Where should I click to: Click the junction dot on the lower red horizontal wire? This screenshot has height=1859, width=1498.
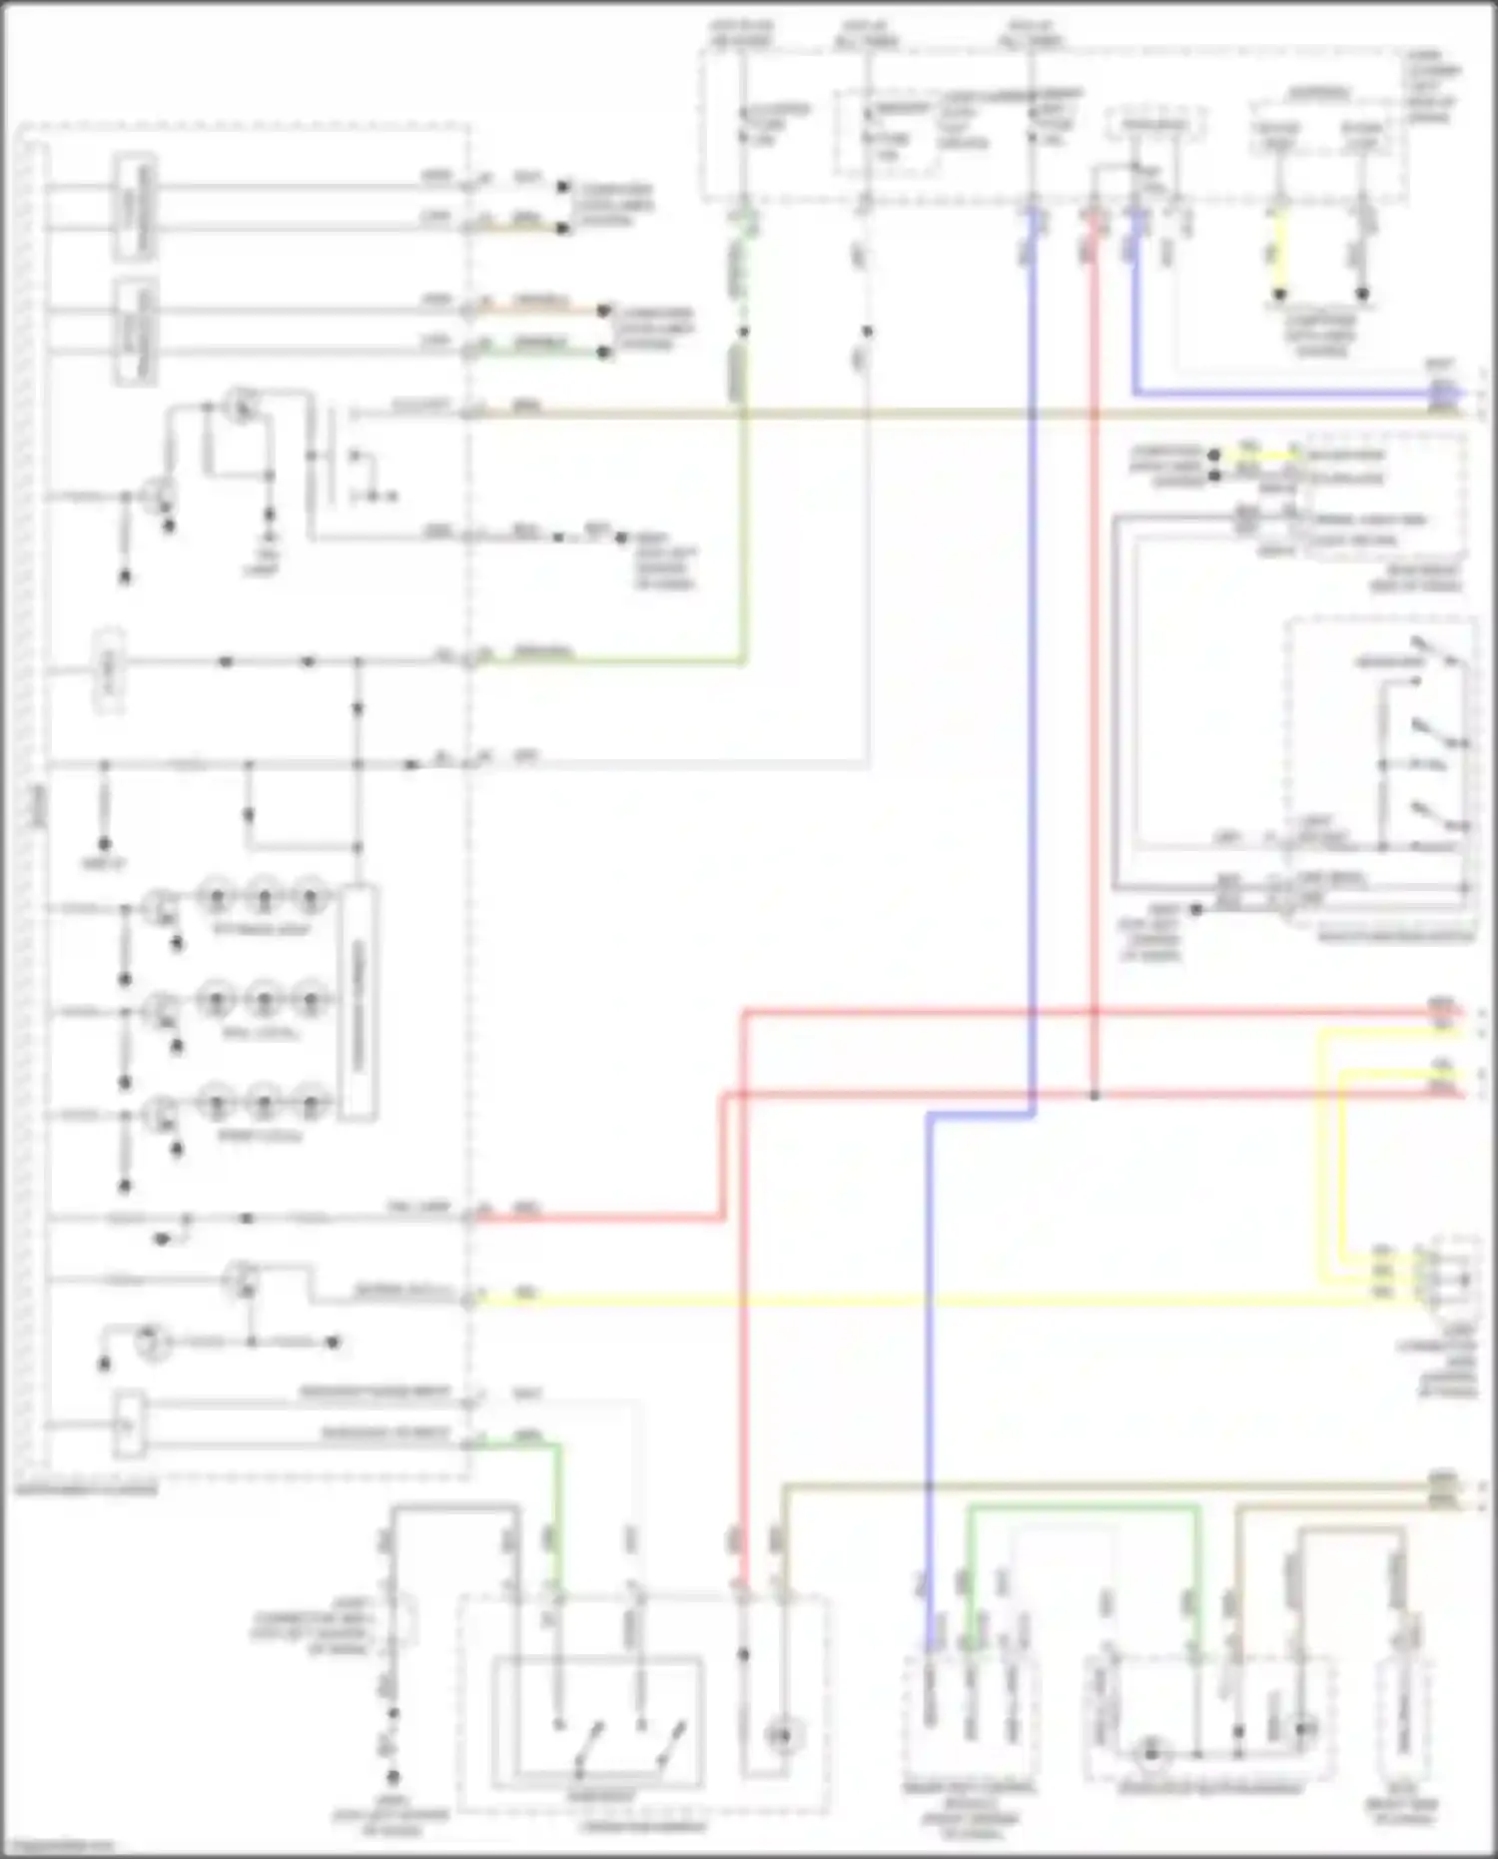(x=1095, y=1096)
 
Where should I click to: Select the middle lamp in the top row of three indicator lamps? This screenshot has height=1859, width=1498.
(x=264, y=898)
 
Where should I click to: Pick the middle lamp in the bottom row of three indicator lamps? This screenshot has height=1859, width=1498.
(x=264, y=1104)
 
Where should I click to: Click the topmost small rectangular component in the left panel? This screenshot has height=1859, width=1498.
(x=134, y=208)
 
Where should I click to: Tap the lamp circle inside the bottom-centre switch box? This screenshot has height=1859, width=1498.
(x=783, y=1736)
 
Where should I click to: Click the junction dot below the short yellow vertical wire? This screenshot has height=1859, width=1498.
(x=1278, y=296)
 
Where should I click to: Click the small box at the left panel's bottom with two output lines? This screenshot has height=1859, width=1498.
(x=129, y=1424)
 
